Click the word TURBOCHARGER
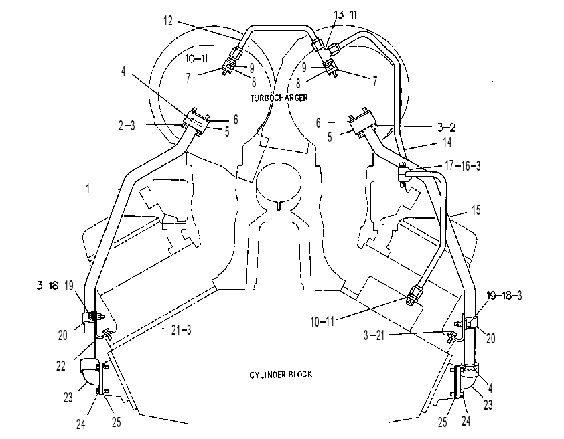279,98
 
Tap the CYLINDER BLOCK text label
281,375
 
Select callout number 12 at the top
168,21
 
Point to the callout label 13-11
346,15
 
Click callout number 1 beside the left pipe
88,189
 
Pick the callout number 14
447,142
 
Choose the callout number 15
476,210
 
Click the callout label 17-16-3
463,165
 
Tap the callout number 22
61,366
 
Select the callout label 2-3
127,126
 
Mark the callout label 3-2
446,128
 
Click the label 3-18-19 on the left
55,286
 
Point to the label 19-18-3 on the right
504,296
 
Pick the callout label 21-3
181,330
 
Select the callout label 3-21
374,335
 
